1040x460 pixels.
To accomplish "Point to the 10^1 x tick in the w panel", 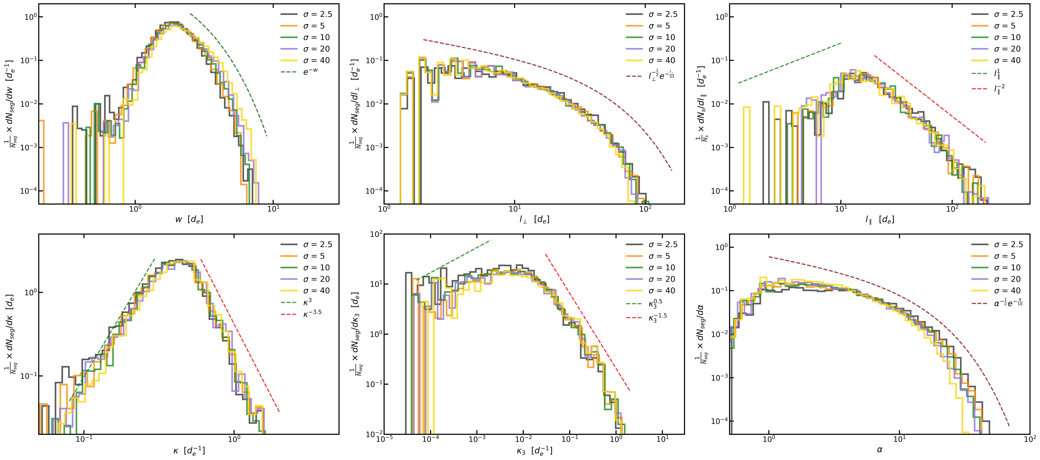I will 273,209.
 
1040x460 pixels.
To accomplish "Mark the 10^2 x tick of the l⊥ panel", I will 645,209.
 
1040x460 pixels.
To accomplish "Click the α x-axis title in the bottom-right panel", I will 880,449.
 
